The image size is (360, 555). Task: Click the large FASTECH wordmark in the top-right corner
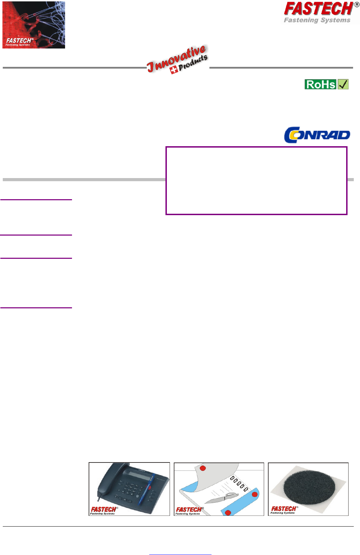tap(318, 9)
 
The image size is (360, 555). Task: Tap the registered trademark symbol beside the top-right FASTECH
tap(357, 5)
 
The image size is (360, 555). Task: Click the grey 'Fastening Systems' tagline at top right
tap(317, 20)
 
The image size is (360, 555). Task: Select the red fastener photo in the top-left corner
tap(34, 25)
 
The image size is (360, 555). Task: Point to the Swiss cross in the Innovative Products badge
tap(174, 70)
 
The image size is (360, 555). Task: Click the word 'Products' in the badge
tap(193, 62)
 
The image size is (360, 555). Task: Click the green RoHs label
tap(321, 84)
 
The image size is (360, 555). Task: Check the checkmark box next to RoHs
tap(343, 84)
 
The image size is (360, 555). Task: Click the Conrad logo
tap(317, 135)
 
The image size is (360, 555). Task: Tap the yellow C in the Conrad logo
tap(291, 135)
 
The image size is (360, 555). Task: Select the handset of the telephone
tap(104, 482)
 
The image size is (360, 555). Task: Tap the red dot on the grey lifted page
tap(203, 468)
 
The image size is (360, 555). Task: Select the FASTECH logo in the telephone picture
tap(103, 510)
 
